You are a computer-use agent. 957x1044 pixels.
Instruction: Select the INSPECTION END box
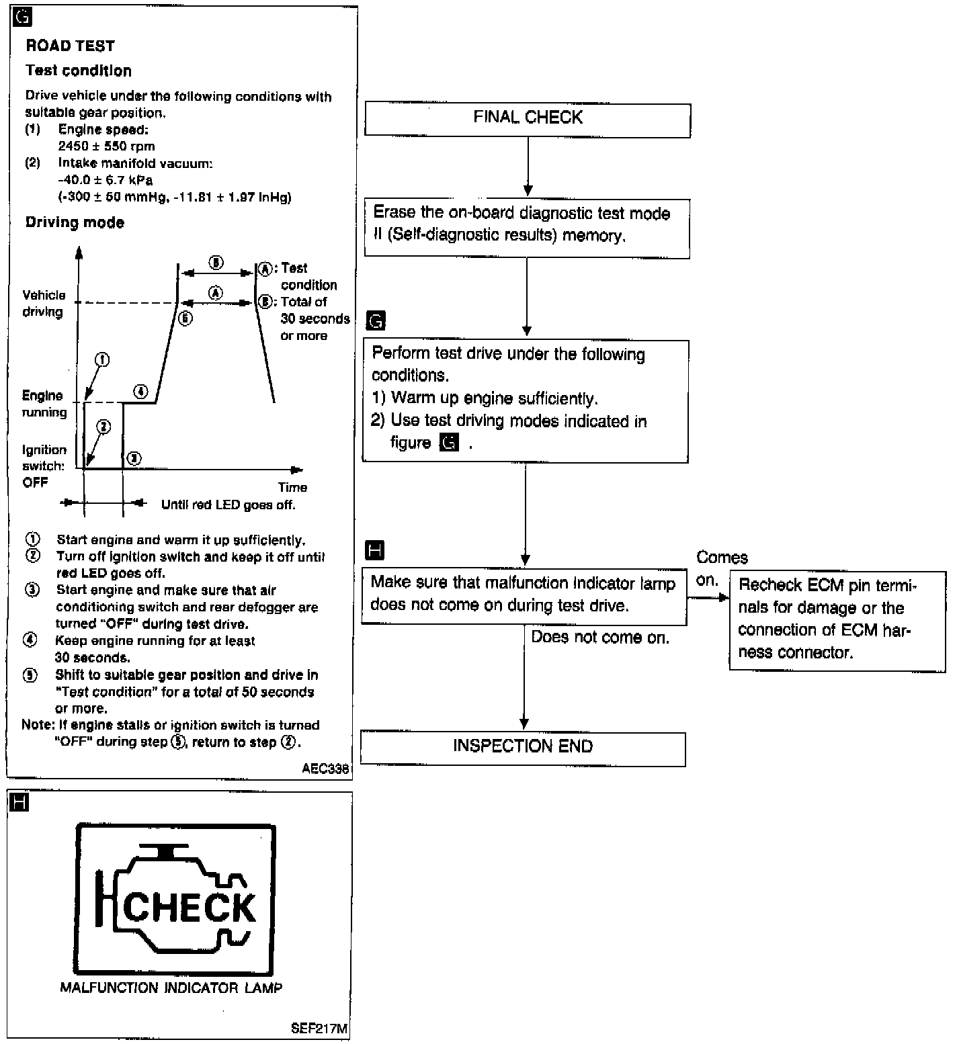click(x=523, y=748)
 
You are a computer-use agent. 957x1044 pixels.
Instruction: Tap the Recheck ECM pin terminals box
click(x=837, y=620)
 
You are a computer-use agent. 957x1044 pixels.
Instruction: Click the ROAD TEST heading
click(x=71, y=46)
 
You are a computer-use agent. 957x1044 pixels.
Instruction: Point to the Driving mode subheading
click(x=75, y=222)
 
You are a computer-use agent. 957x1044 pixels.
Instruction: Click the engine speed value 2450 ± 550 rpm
click(x=106, y=146)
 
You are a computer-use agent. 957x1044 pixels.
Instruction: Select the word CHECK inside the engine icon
click(x=190, y=907)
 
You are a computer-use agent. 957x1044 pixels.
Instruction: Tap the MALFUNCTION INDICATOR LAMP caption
click(x=171, y=988)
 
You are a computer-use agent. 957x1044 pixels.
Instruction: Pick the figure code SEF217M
click(x=319, y=1029)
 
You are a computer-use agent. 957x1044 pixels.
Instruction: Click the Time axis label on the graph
click(x=292, y=487)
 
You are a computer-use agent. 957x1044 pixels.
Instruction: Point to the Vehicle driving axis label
click(x=44, y=303)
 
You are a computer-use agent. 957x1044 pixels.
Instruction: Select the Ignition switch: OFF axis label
click(x=44, y=466)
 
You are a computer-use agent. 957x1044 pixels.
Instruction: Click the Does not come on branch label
click(x=600, y=638)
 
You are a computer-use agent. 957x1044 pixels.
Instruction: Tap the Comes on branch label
click(x=721, y=568)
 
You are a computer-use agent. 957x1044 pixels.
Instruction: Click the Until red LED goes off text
click(x=228, y=505)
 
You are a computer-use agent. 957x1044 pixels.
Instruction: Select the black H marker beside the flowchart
click(x=374, y=551)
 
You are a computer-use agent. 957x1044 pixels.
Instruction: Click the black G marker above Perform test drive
click(x=376, y=321)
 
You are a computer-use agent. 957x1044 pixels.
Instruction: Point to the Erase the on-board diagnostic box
click(x=527, y=228)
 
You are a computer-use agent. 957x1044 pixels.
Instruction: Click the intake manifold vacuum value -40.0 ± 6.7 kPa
click(x=105, y=180)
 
